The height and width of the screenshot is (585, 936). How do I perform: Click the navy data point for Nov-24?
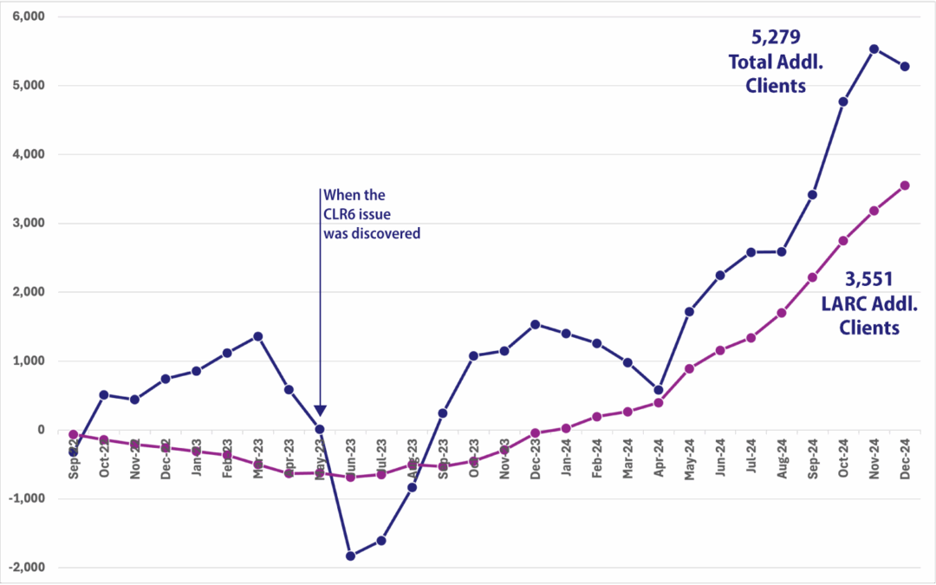click(x=874, y=49)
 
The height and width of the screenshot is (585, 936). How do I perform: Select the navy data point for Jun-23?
click(x=350, y=556)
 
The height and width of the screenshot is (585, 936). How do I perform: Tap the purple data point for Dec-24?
click(x=905, y=185)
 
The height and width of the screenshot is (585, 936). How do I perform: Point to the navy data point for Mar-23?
click(x=257, y=336)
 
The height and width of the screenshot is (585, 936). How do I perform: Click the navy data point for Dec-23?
click(x=535, y=324)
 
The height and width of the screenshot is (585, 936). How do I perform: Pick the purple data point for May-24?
click(x=689, y=368)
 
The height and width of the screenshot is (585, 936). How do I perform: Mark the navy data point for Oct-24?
click(x=842, y=101)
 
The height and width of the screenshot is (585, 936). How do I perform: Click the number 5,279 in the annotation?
click(x=771, y=37)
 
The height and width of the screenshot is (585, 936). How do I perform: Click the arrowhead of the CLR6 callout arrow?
click(x=320, y=411)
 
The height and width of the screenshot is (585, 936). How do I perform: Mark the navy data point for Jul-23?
click(x=380, y=541)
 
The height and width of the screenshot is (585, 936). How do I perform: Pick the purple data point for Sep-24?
click(x=812, y=277)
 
